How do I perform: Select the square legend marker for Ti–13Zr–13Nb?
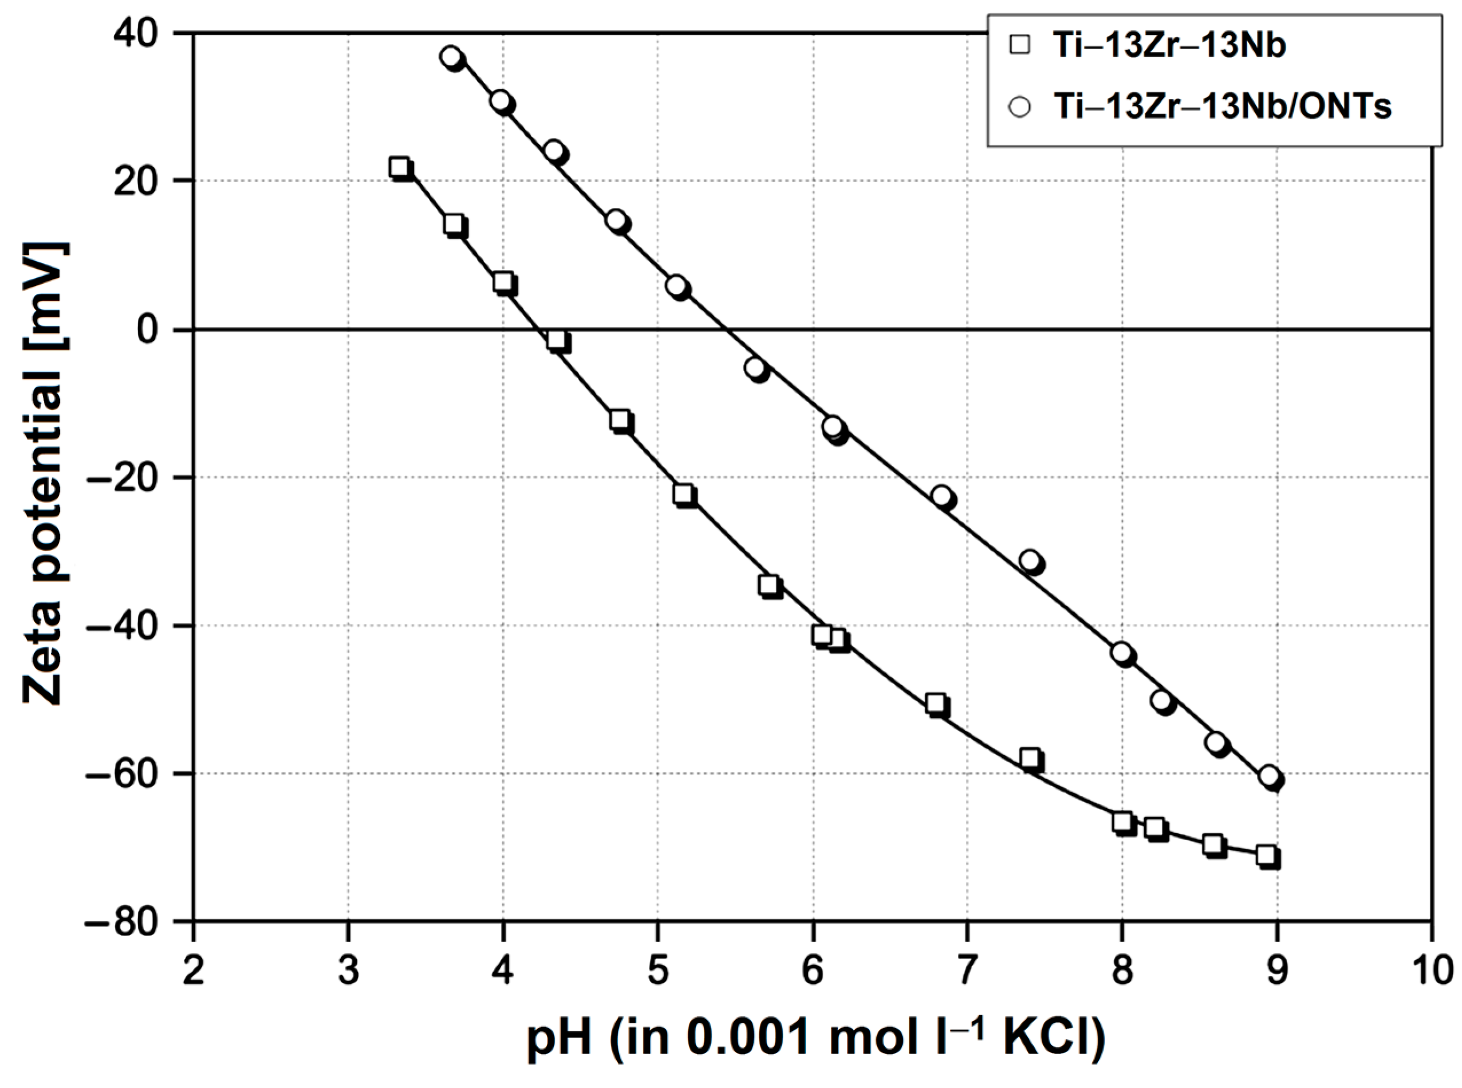coord(1021,45)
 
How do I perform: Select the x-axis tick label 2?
coord(193,972)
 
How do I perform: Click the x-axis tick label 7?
coord(967,972)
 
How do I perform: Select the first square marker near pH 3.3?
coord(399,168)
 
